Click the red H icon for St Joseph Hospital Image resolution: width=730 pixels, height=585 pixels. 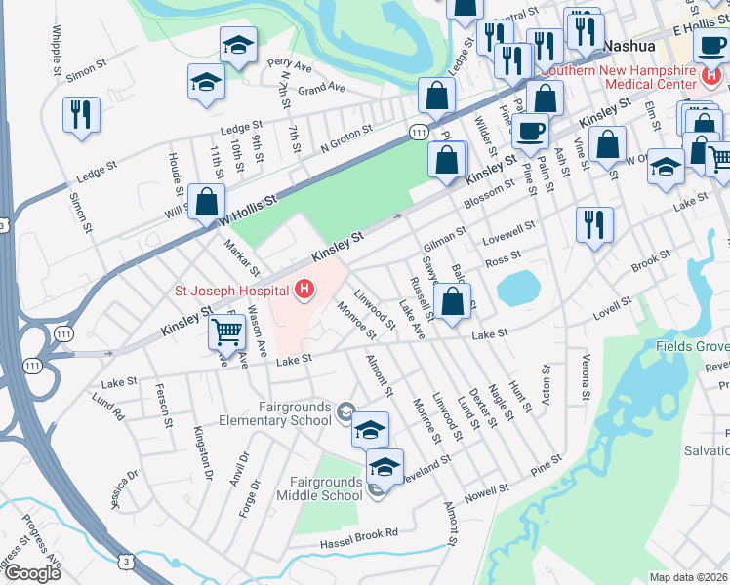(305, 290)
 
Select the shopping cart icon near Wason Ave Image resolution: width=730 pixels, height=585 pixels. (226, 331)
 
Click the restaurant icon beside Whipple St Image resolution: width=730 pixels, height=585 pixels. (81, 113)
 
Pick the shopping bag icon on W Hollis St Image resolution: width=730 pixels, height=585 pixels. (207, 203)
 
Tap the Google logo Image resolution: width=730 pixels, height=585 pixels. (31, 572)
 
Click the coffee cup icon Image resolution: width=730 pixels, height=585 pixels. (530, 131)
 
